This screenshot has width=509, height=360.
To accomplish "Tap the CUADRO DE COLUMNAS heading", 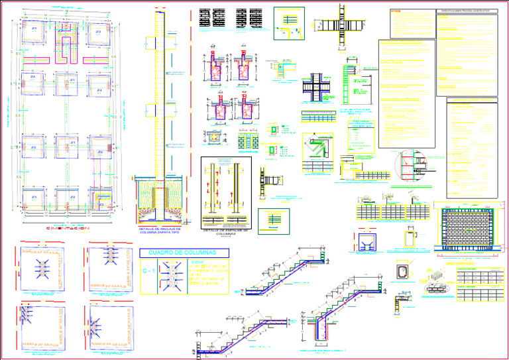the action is (x=184, y=253).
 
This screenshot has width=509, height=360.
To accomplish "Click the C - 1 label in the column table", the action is (x=150, y=272).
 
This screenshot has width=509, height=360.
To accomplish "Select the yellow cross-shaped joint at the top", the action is (x=343, y=26).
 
